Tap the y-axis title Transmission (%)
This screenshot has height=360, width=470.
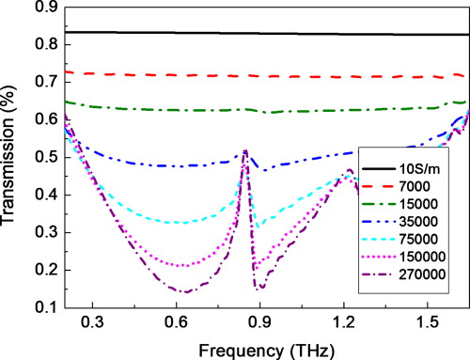pos(11,158)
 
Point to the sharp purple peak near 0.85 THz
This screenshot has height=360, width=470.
pos(245,150)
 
